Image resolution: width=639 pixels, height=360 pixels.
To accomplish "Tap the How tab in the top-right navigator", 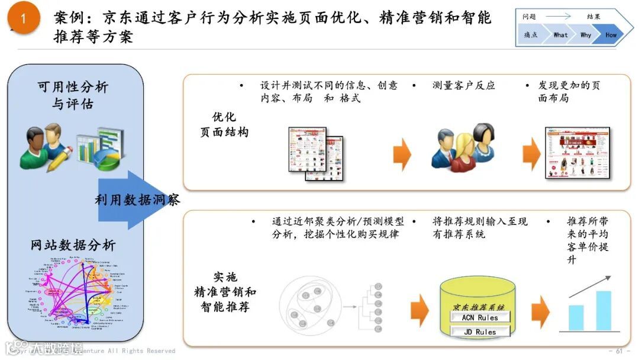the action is pos(611,35).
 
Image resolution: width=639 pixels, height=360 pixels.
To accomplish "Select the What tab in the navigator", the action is pos(560,35).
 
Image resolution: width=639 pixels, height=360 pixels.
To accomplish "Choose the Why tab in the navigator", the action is pos(586,35).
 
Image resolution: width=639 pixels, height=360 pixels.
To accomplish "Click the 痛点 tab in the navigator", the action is pos(531,35).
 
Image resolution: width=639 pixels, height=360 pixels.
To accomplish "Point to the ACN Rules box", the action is pos(480,317).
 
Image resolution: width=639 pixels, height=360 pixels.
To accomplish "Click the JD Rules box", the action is pos(480,332).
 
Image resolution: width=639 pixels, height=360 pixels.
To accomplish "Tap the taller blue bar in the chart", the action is pos(603,310).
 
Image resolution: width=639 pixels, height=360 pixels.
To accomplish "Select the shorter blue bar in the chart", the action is pos(576,317).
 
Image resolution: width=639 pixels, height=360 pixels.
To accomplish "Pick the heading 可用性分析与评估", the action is pos(73,95).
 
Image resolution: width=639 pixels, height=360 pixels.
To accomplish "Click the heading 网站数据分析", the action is pos(73,245).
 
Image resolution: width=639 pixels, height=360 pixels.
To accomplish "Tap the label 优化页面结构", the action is pos(224,124).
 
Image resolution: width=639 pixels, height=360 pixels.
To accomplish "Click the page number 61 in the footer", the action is pos(619,351).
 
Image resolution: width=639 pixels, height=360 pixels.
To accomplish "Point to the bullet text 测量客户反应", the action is pos(463,86).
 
